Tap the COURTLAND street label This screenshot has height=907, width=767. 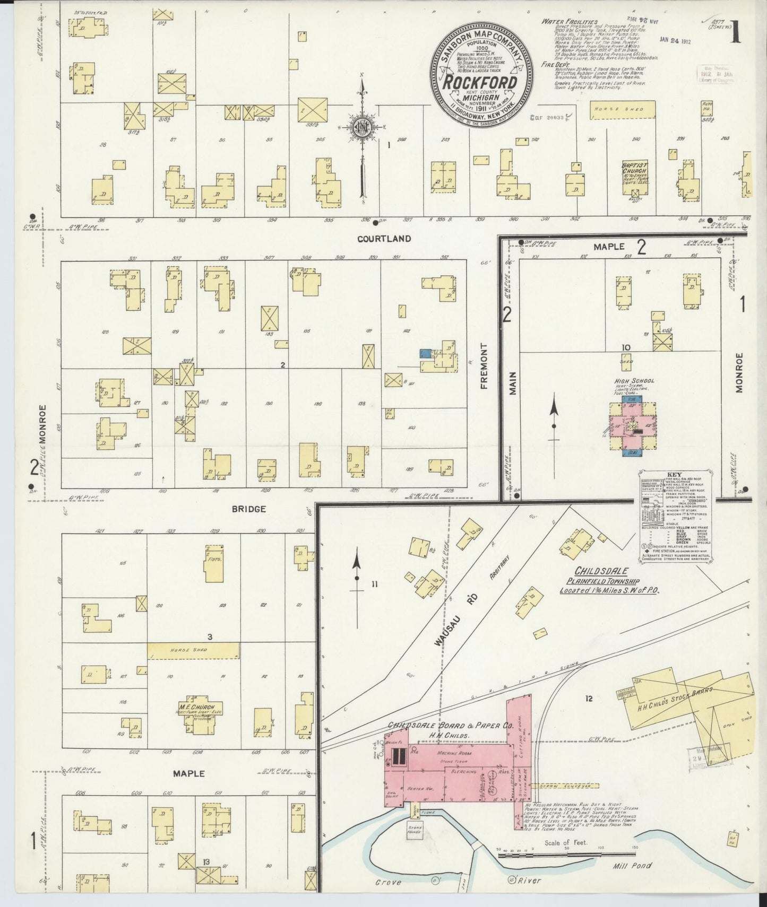point(384,239)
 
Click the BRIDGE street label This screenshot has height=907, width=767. point(248,509)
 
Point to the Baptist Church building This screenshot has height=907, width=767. point(634,181)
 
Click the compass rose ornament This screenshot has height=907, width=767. point(361,127)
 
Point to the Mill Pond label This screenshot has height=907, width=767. point(635,866)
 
